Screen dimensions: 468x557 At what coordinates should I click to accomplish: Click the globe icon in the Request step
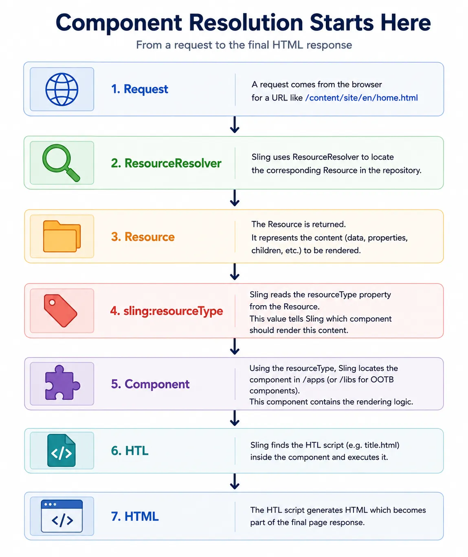(62, 90)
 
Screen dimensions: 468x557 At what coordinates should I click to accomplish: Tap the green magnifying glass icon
(61, 163)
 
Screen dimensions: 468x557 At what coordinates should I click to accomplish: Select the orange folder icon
(62, 236)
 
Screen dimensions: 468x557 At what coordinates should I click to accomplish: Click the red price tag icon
(61, 310)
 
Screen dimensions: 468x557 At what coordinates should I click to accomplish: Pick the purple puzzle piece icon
(62, 382)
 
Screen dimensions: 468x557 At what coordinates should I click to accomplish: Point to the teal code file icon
(62, 450)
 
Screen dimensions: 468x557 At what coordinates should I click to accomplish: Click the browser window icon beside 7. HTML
(62, 516)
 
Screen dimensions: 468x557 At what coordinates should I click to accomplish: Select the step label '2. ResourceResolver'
(166, 163)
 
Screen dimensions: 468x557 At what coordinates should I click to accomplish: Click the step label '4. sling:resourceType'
(167, 311)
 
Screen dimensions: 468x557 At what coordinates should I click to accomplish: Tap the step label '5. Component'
(150, 384)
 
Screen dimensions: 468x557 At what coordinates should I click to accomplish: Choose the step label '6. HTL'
(130, 451)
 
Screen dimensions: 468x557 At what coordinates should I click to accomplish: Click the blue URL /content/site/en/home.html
(361, 98)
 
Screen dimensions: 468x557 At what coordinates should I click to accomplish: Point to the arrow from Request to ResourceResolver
(235, 125)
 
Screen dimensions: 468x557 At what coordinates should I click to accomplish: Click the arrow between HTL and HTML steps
(235, 481)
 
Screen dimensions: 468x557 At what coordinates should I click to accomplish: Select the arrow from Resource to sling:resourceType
(235, 271)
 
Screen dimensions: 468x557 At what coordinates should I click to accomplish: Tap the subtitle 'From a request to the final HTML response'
(244, 45)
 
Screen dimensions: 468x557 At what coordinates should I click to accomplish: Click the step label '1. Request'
(139, 89)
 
